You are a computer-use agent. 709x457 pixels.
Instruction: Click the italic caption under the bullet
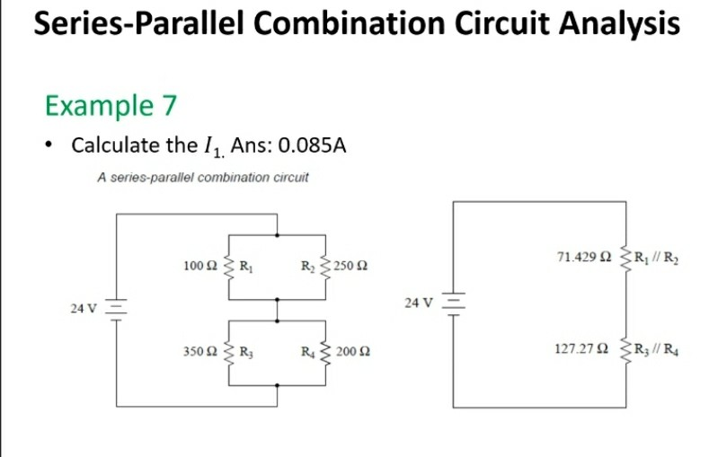pos(202,177)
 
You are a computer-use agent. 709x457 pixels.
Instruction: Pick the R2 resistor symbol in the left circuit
pos(323,265)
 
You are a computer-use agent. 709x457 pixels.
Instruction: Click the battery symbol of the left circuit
pos(116,307)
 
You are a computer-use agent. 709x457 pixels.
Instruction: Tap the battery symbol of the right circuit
pos(454,302)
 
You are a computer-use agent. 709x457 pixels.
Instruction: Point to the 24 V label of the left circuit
pos(84,308)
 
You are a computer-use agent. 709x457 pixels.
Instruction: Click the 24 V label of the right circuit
pos(420,303)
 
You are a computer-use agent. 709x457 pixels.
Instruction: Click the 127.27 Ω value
pos(586,350)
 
